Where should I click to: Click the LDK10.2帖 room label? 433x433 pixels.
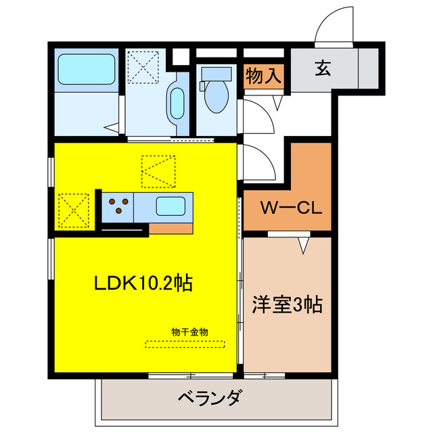143,282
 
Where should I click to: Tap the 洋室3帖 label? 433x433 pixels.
288,304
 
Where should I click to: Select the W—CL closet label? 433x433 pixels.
286,206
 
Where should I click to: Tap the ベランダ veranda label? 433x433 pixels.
209,398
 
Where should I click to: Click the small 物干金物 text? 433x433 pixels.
189,332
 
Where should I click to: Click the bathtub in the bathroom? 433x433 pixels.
86,68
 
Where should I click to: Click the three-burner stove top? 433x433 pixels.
118,205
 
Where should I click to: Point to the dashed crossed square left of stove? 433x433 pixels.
74,210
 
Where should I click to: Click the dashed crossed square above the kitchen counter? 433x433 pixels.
158,171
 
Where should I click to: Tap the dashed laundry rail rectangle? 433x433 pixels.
185,343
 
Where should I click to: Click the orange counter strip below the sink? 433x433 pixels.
170,227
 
